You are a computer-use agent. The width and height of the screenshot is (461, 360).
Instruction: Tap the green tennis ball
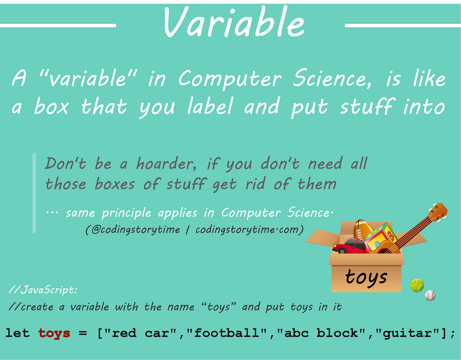(x=417, y=285)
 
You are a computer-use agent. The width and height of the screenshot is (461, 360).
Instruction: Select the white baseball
(x=430, y=295)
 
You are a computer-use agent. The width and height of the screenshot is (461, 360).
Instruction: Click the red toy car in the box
(x=349, y=246)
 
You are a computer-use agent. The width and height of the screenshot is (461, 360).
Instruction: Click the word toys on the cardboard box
(x=366, y=277)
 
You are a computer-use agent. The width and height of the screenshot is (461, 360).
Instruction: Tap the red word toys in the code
(x=54, y=333)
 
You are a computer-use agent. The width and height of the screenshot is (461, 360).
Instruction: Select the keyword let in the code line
(x=17, y=333)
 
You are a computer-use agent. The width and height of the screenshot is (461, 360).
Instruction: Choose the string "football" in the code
(x=230, y=333)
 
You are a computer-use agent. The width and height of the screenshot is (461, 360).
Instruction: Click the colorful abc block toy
(x=380, y=237)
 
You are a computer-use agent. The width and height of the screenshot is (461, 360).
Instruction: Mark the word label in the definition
(x=209, y=107)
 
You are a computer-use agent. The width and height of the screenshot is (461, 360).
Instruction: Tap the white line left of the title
(x=58, y=26)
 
